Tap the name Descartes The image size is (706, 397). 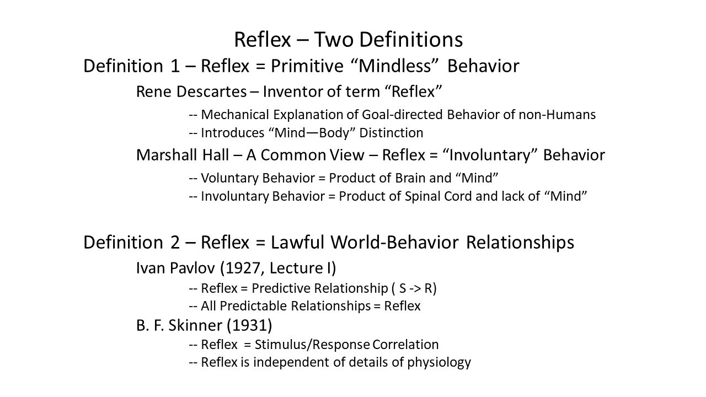(211, 92)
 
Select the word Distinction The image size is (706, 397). (391, 133)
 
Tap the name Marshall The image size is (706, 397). (167, 155)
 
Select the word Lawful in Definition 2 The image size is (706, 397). (297, 243)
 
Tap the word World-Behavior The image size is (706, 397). (394, 243)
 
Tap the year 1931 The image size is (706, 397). (249, 325)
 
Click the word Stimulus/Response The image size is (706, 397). (312, 345)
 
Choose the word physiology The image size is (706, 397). (439, 363)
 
